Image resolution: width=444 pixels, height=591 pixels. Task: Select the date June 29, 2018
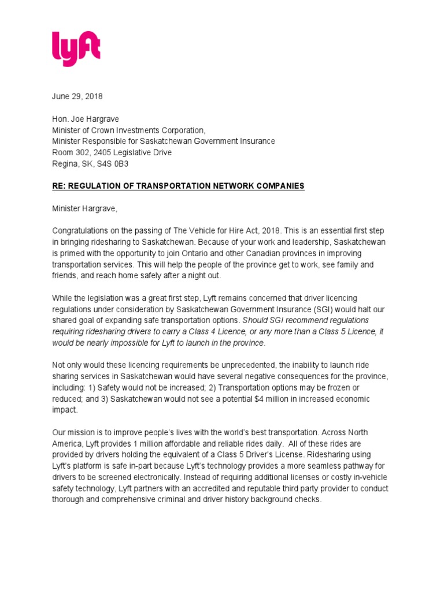77,96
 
